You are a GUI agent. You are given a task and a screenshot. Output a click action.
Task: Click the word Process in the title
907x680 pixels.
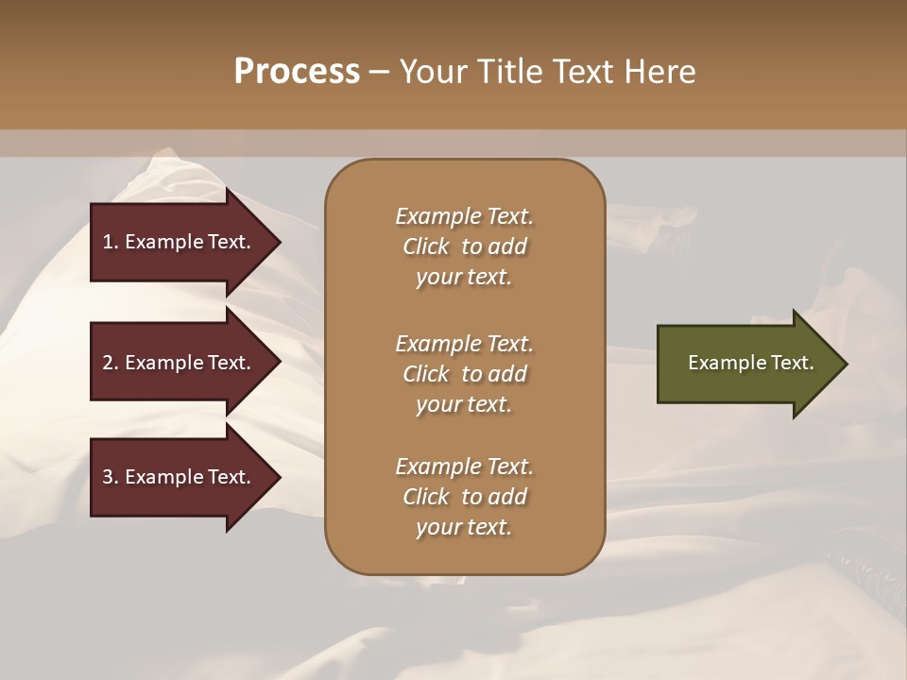point(297,72)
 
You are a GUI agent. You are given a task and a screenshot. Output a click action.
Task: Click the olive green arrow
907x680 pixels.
point(746,364)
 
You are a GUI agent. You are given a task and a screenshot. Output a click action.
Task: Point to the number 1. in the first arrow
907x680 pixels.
point(111,242)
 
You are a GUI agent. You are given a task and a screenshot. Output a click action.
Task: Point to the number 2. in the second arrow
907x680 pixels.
point(111,363)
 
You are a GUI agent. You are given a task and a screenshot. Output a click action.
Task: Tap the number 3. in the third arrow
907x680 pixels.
point(111,477)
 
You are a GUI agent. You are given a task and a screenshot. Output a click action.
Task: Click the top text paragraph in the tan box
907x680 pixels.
point(464,246)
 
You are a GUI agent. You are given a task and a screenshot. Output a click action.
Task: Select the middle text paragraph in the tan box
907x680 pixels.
point(464,373)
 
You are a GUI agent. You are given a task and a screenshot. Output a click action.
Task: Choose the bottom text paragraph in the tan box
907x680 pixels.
point(464,497)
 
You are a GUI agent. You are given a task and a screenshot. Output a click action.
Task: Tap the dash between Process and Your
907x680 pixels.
point(379,73)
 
